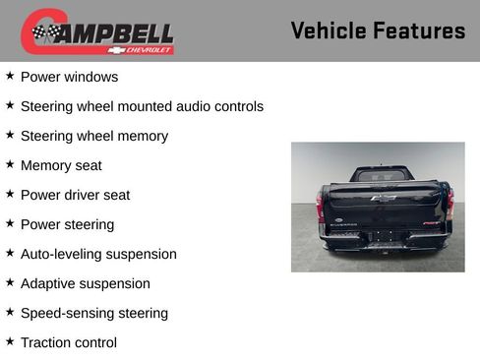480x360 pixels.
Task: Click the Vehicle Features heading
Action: [x=378, y=31]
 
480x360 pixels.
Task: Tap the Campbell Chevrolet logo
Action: [x=97, y=31]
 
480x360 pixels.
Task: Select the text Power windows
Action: [x=69, y=77]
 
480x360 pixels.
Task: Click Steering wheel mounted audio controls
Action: [x=142, y=106]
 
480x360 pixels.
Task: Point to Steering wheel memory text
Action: [x=93, y=136]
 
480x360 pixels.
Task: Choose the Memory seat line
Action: [x=61, y=165]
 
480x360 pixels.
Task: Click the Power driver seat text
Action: [x=75, y=195]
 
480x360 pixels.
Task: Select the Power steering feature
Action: [x=67, y=224]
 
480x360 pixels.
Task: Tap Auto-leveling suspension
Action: [x=98, y=254]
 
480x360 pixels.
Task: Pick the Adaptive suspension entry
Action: [x=86, y=283]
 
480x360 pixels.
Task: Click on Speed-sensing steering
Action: [x=94, y=313]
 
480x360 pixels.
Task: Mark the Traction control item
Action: [x=69, y=342]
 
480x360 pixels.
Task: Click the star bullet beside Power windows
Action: [x=10, y=76]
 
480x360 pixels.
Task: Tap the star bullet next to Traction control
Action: [x=10, y=341]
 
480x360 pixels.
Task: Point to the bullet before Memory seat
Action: [x=10, y=164]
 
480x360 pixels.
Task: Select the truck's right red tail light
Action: [x=450, y=205]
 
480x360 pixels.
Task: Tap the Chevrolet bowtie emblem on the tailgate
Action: [x=384, y=198]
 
